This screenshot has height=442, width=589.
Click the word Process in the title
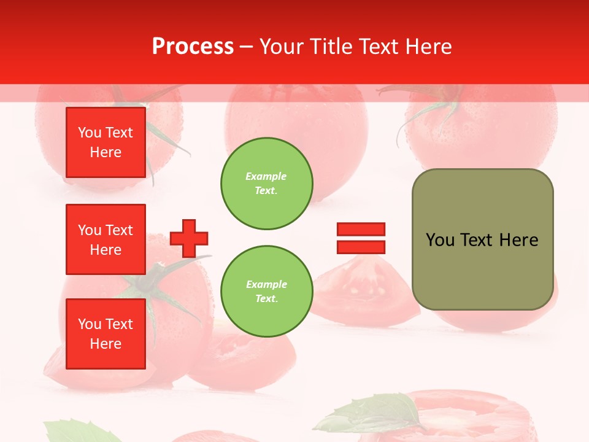click(x=193, y=47)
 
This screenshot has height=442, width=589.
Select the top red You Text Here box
click(x=106, y=142)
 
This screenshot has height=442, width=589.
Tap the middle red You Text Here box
click(x=106, y=239)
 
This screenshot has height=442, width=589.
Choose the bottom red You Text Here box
click(x=106, y=334)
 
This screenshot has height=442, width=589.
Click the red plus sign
click(x=189, y=238)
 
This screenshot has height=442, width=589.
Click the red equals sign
click(x=361, y=238)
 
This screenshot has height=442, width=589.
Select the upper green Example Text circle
click(x=266, y=184)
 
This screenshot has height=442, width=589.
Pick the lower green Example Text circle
click(x=266, y=292)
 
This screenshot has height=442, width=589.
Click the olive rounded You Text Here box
click(x=482, y=239)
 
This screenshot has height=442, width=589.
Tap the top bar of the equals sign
click(x=361, y=230)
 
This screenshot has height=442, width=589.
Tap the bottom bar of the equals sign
click(x=361, y=247)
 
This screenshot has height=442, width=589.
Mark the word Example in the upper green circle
click(x=266, y=176)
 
